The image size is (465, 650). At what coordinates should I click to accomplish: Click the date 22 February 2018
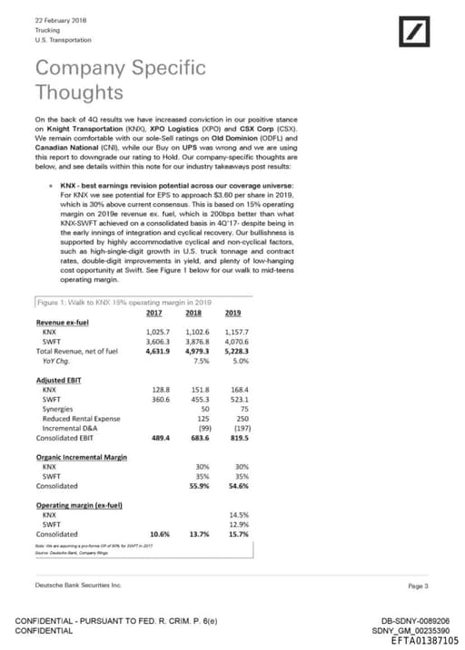[54, 20]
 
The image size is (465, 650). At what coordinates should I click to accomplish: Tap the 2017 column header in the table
[160, 313]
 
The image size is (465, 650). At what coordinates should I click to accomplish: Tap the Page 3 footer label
[418, 587]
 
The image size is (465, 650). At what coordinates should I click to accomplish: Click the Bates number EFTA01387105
[420, 640]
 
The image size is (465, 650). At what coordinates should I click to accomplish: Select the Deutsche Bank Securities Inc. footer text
[77, 586]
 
